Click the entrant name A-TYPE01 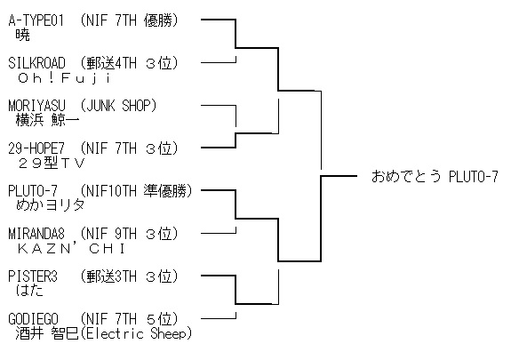coord(36,20)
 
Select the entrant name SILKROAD coord(36,63)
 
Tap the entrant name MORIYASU coord(36,106)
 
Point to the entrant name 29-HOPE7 coord(36,148)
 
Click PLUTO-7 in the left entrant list coord(33,191)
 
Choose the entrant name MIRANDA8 coord(36,234)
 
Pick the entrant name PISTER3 coord(33,276)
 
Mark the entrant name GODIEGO coord(33,319)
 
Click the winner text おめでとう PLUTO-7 coord(435,177)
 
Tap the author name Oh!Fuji coord(65,78)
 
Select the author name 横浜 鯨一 coord(47,120)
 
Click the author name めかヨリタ coord(50,205)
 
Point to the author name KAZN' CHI coord(71,249)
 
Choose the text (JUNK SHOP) coord(118,106)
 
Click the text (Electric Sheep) coord(135,333)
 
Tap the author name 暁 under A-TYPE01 coord(23,35)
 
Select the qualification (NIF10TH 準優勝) coord(136,191)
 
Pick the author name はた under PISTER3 coord(29,291)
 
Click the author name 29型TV coord(52,163)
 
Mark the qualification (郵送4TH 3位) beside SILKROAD coord(129,63)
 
